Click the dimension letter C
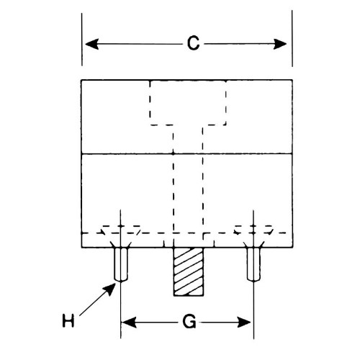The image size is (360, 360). [x=193, y=43]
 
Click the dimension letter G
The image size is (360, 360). [x=189, y=322]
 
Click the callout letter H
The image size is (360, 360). [x=68, y=320]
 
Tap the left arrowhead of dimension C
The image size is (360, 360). [x=92, y=44]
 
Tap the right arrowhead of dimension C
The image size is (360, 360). [x=280, y=44]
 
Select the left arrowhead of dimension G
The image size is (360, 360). [x=129, y=322]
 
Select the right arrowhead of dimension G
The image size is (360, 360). [x=244, y=322]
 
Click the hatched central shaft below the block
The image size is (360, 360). [x=189, y=271]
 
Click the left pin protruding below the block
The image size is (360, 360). [x=121, y=264]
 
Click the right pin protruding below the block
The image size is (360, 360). [x=253, y=264]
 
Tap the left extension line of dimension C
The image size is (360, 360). [x=82, y=40]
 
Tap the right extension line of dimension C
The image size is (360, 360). [x=292, y=38]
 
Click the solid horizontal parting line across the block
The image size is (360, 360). [x=187, y=153]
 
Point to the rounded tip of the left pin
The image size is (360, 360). [x=121, y=280]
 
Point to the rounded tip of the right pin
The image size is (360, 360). [x=253, y=280]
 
